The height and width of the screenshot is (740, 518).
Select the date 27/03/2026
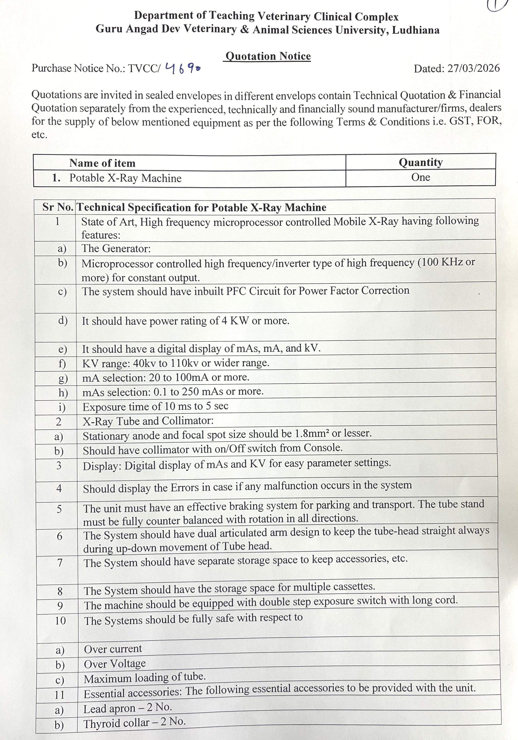tap(474, 68)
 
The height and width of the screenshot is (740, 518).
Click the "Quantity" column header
tap(420, 162)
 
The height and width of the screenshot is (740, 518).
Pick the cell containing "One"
tap(420, 177)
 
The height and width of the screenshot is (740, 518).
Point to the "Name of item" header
tap(102, 163)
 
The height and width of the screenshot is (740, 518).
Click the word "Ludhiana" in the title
tap(415, 30)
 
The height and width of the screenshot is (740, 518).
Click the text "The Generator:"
tap(116, 249)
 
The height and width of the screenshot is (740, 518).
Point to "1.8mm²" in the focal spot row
tap(312, 434)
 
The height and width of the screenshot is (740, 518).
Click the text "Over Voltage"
tap(115, 664)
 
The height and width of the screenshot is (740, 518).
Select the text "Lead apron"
tap(109, 708)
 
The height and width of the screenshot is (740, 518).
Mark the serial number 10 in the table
tap(60, 620)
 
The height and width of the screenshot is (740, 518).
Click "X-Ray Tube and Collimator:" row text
tap(148, 421)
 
